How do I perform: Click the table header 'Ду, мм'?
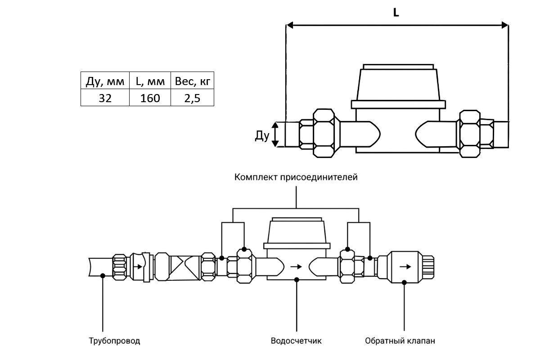[105, 82]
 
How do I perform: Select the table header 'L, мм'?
[150, 82]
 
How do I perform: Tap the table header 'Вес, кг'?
[193, 82]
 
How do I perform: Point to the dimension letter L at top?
[396, 13]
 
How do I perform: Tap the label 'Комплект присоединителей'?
[296, 177]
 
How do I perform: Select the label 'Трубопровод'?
[114, 340]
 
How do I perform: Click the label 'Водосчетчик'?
[296, 340]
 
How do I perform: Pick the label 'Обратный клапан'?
[400, 340]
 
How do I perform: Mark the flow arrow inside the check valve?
[405, 266]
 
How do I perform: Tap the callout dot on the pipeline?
[103, 275]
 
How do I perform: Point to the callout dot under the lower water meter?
[296, 280]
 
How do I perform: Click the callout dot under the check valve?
[404, 282]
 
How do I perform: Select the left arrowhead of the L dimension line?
[291, 25]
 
